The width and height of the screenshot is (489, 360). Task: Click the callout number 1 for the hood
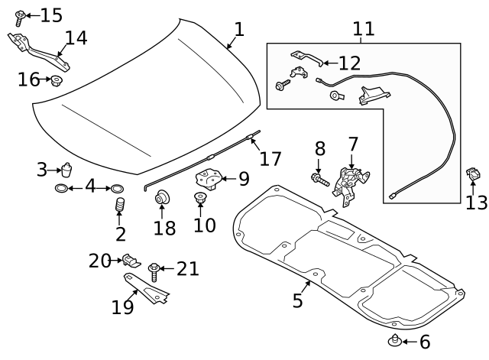pos(239,30)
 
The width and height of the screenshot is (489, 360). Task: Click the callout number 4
pos(89,187)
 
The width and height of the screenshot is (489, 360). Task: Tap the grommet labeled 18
pos(162,200)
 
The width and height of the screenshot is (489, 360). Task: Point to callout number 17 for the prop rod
pos(270,159)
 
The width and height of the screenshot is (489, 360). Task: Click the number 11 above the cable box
pos(364,29)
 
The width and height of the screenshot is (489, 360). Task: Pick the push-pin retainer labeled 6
pos(395,341)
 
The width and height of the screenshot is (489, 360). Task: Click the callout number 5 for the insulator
pos(298,300)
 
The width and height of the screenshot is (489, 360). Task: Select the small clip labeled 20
pos(131,260)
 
